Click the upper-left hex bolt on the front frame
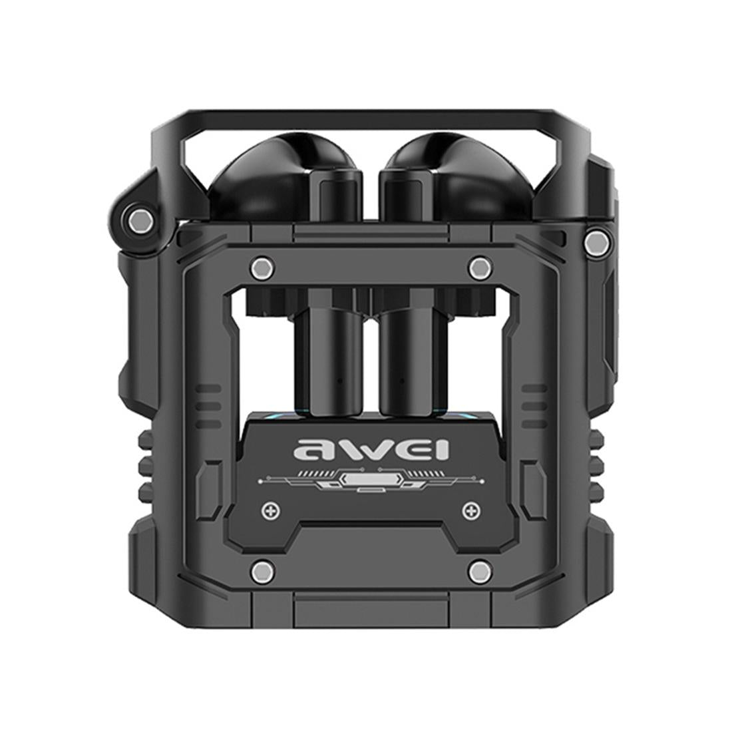261,268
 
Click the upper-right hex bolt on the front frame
478,268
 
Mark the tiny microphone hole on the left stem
340,382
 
